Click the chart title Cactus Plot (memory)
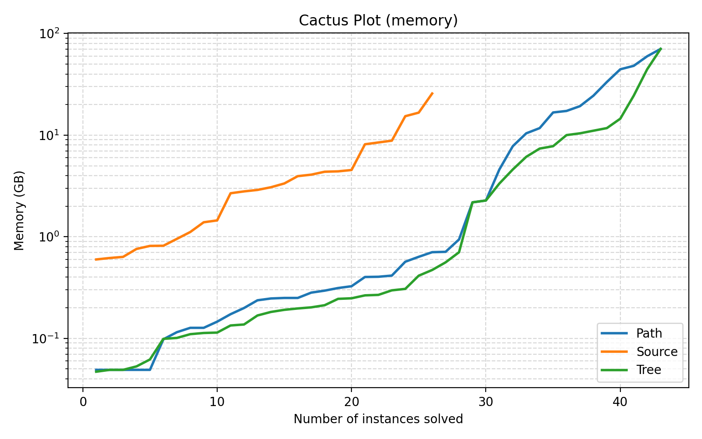(x=378, y=21)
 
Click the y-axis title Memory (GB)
(x=19, y=211)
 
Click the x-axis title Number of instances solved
(x=378, y=419)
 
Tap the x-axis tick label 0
(x=82, y=401)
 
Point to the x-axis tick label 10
(x=217, y=401)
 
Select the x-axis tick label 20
(x=351, y=401)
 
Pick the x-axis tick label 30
(x=485, y=401)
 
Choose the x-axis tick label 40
(x=620, y=401)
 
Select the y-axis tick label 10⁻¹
(x=51, y=338)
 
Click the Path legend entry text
(x=649, y=334)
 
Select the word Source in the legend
(x=657, y=352)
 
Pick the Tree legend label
(x=648, y=370)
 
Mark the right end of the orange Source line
(x=432, y=93)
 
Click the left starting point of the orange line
(x=96, y=259)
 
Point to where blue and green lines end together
(x=660, y=49)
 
